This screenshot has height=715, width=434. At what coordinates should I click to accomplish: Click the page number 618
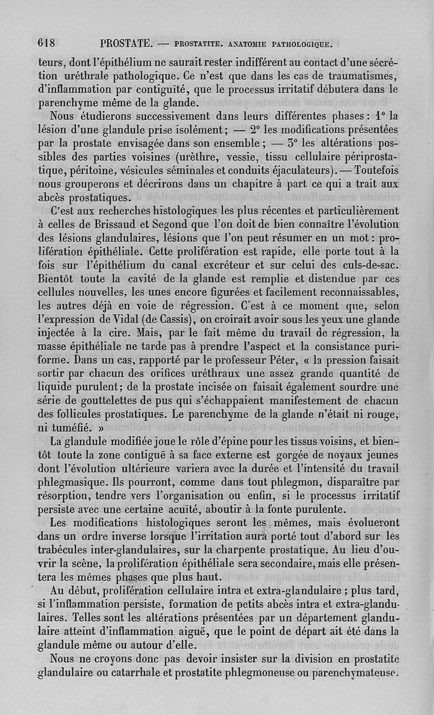click(x=48, y=43)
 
